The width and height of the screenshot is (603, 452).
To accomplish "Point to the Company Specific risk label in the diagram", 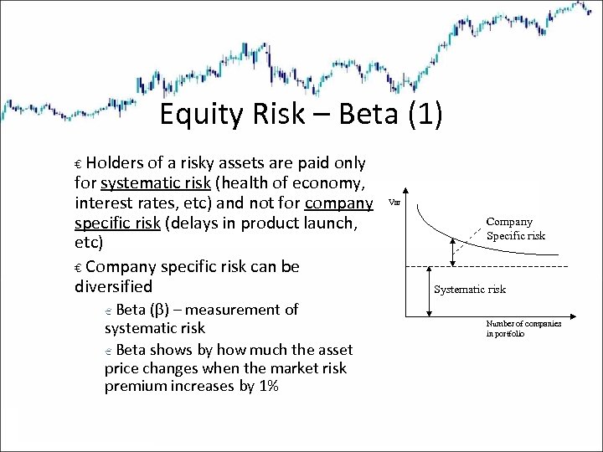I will (515, 229).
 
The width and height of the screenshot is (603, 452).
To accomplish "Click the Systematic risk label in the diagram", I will (469, 290).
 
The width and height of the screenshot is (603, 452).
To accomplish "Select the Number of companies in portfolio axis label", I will (523, 329).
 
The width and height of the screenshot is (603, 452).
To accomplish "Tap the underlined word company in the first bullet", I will (339, 203).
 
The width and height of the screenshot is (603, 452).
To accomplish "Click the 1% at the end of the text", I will (266, 387).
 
